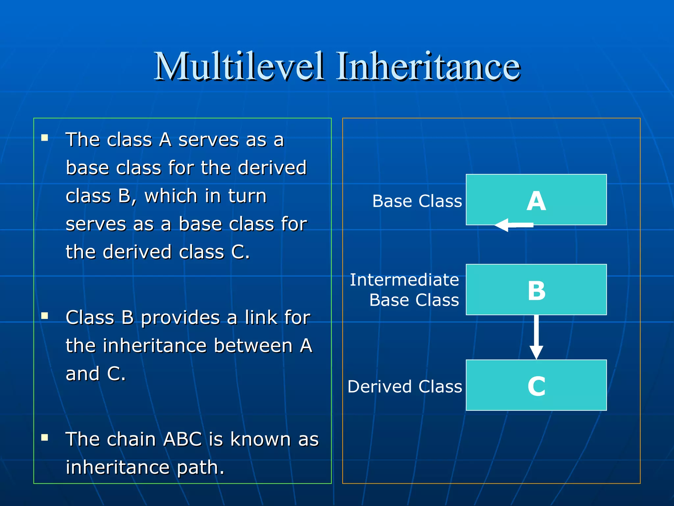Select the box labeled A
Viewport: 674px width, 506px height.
point(536,200)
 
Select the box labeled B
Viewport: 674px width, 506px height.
point(536,290)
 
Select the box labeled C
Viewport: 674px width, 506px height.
point(536,385)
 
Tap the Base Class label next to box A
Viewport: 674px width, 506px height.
point(417,201)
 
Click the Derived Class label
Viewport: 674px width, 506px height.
point(405,386)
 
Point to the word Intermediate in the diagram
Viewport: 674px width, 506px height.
point(404,280)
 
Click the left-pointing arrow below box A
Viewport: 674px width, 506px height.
point(513,225)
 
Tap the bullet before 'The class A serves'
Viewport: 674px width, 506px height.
point(45,138)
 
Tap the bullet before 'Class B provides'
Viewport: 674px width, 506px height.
point(45,316)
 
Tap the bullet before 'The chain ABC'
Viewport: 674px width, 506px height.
point(45,437)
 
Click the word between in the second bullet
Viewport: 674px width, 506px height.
point(253,346)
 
